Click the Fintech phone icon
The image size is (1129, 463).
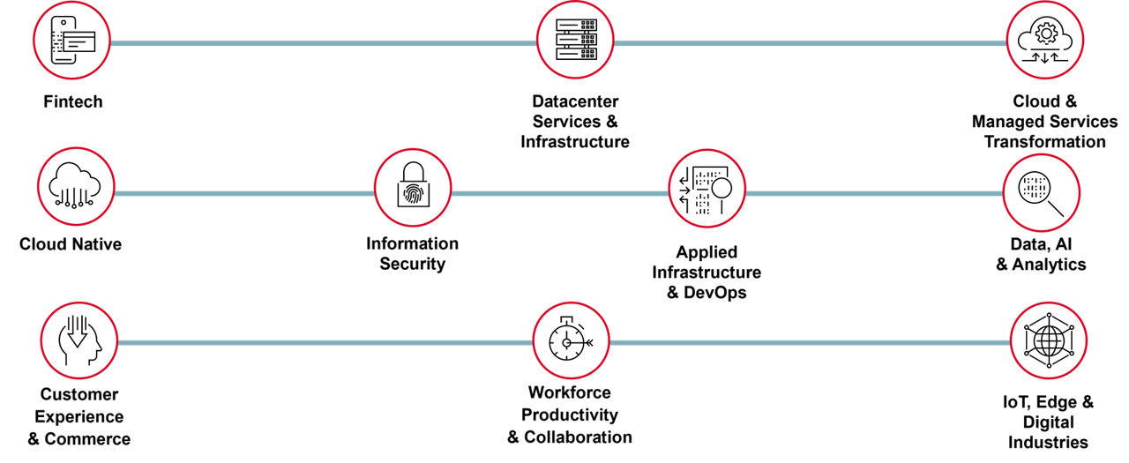[72, 41]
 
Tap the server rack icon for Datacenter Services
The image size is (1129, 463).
[575, 40]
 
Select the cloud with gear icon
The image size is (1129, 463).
[1045, 40]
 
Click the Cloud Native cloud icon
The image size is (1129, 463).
[76, 186]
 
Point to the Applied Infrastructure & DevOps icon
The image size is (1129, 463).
[707, 189]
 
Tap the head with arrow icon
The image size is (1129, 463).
[79, 340]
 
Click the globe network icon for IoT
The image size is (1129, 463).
[1049, 340]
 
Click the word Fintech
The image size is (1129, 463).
[73, 101]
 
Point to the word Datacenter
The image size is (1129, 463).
[575, 101]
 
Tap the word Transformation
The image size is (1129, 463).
[1045, 142]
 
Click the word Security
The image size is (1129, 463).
[412, 264]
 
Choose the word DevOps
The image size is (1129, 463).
[714, 292]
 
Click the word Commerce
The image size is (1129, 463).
[87, 439]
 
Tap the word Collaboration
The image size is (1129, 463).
[578, 437]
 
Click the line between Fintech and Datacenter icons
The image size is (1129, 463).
[324, 43]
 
